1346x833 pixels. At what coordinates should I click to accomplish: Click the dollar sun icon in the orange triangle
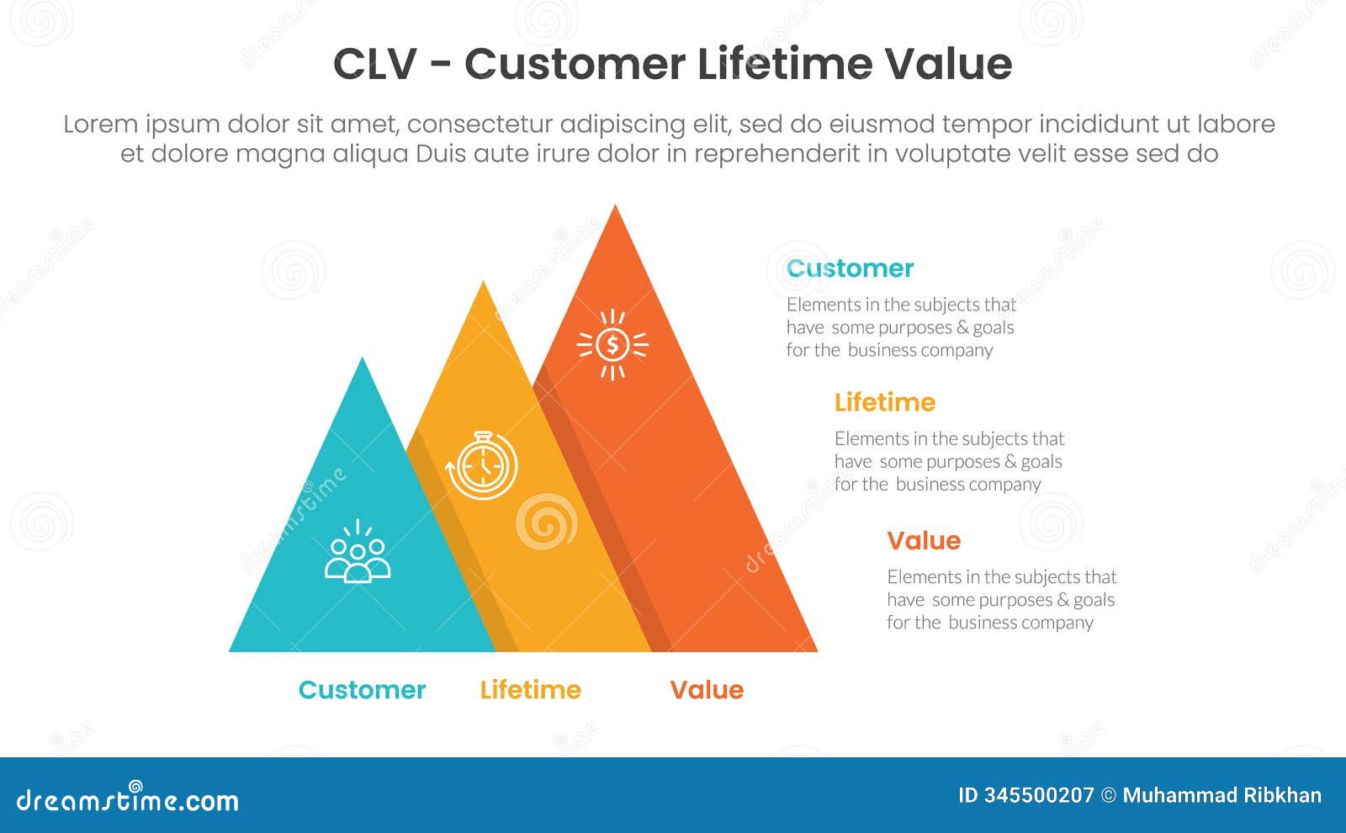click(x=612, y=345)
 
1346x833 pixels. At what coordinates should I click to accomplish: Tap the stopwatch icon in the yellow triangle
click(x=482, y=465)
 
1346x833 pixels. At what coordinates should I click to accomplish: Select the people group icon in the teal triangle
click(x=358, y=553)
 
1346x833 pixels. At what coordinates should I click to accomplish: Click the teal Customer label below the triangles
click(x=362, y=690)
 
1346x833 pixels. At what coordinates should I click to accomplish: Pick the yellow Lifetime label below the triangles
click(x=530, y=690)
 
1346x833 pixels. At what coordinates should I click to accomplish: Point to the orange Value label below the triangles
click(x=707, y=690)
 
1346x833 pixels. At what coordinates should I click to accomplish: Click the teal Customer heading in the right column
click(x=850, y=268)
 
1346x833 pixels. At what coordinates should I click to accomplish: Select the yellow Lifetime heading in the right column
click(x=884, y=402)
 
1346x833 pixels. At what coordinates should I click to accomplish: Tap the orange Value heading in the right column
click(x=923, y=540)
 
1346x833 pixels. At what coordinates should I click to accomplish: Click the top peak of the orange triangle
click(x=616, y=208)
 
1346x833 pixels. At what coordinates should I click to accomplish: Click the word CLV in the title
click(x=374, y=64)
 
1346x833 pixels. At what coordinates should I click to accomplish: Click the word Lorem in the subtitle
click(x=100, y=125)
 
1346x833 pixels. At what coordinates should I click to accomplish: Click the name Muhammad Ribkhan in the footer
click(x=1221, y=795)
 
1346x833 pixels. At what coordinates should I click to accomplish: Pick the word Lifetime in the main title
click(x=784, y=64)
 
